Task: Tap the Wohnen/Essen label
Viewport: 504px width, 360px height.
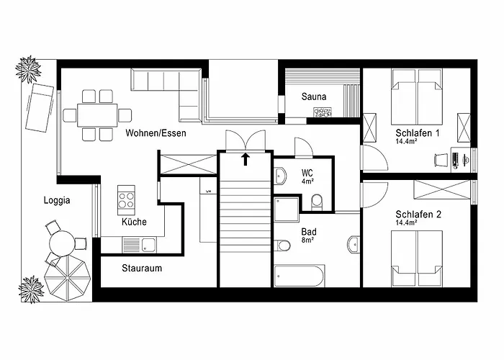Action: [x=156, y=134]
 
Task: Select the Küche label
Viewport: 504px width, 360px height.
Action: [x=134, y=222]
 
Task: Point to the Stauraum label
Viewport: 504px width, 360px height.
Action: [x=141, y=269]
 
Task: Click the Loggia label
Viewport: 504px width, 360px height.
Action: [x=57, y=201]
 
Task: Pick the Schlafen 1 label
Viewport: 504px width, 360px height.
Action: [x=418, y=134]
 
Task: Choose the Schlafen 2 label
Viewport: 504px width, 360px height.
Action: [x=418, y=214]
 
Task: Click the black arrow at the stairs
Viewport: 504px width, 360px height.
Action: [x=246, y=158]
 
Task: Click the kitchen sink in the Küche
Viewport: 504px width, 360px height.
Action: [x=148, y=244]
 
